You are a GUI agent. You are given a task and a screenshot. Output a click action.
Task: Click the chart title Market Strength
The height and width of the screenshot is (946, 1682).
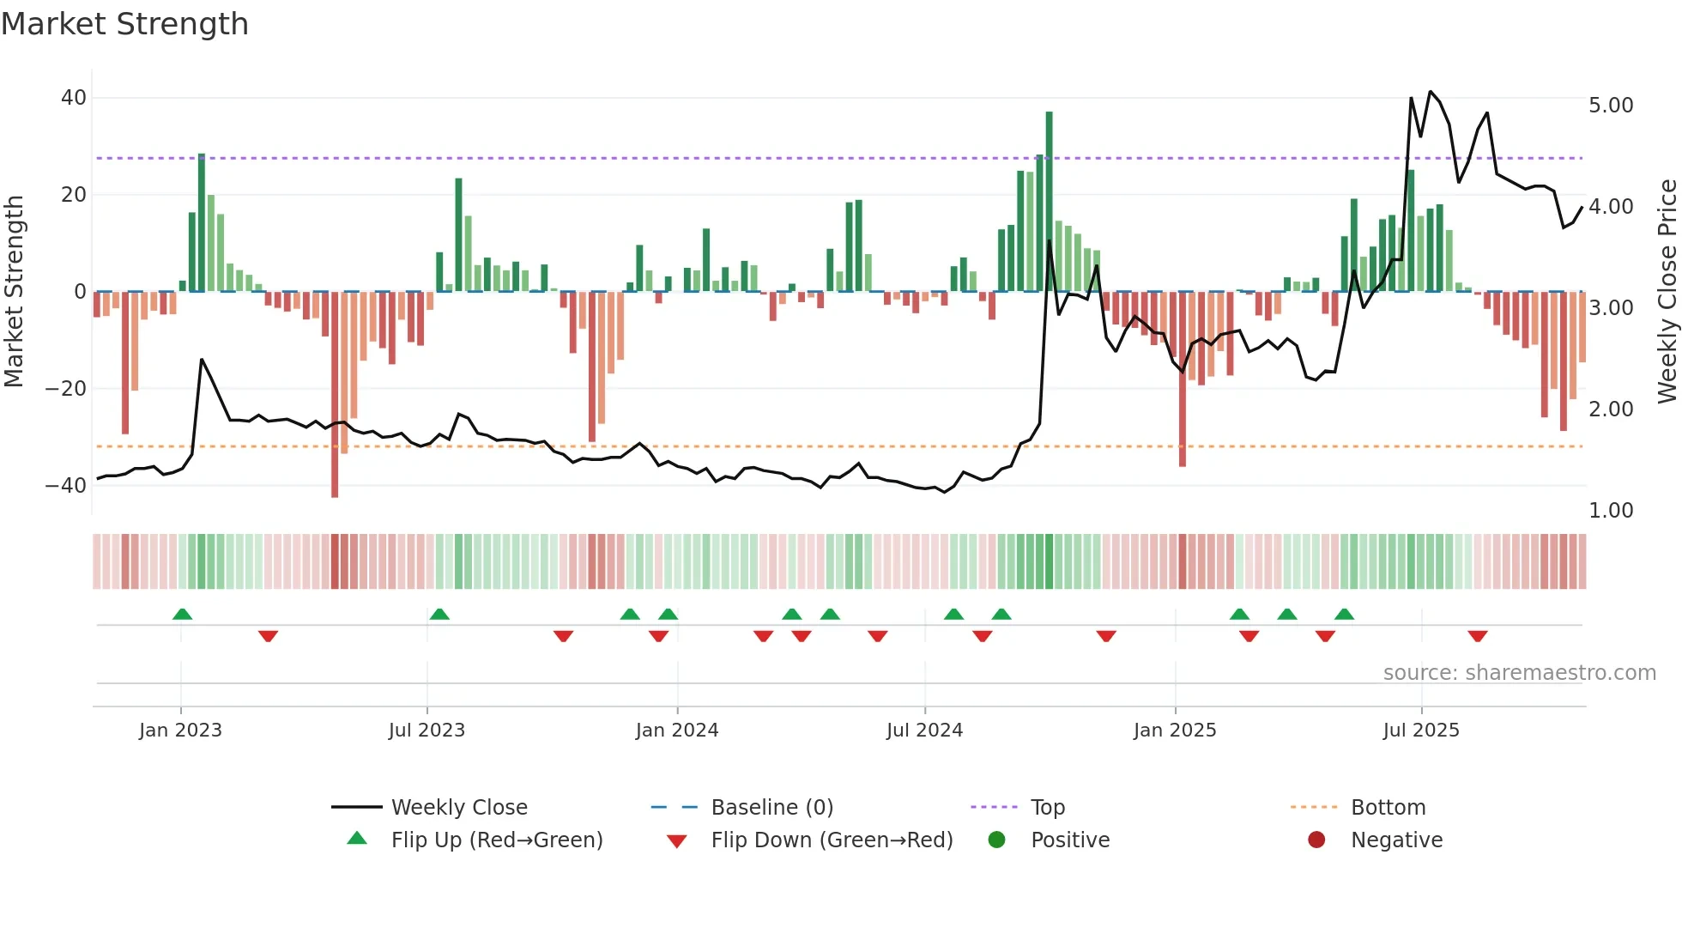tap(124, 24)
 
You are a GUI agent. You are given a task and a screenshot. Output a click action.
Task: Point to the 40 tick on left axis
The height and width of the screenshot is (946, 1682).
tap(74, 98)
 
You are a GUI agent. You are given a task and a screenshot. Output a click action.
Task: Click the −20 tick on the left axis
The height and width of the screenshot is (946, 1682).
tap(67, 389)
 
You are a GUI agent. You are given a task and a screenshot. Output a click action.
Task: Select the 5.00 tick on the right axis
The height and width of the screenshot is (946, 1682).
tap(1611, 106)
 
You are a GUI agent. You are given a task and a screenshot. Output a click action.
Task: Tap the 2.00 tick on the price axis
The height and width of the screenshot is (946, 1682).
tap(1611, 409)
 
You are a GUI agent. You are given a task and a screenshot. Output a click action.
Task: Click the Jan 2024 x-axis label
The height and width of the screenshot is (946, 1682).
tap(677, 731)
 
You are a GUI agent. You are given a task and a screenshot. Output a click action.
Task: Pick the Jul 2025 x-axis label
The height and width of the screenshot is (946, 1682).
tap(1421, 731)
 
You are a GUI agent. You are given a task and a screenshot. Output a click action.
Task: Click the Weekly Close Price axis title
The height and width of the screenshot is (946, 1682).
tap(1667, 292)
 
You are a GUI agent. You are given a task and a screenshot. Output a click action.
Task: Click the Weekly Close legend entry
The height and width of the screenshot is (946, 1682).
tap(458, 808)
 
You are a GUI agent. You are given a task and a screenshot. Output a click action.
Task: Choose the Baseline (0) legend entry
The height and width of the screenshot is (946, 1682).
tap(771, 808)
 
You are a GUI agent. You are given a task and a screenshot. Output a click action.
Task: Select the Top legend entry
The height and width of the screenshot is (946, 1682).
tap(1047, 808)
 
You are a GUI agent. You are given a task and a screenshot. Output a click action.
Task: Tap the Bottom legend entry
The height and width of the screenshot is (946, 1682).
tap(1388, 808)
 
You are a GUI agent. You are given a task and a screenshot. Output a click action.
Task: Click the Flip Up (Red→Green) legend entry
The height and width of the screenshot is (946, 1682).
tap(496, 840)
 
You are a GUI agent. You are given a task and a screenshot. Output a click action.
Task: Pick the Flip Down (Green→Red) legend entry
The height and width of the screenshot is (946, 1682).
tap(832, 840)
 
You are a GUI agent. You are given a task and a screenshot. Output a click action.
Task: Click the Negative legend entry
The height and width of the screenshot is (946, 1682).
tap(1396, 840)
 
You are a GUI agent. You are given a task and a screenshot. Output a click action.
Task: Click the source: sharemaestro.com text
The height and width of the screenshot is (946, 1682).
tap(1519, 673)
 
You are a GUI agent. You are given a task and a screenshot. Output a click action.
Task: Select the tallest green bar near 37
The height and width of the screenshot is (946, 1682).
tap(1049, 202)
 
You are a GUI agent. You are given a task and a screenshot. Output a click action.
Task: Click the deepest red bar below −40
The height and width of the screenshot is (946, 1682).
tap(335, 395)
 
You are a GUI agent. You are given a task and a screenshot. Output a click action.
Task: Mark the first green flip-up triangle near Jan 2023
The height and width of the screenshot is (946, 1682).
tap(182, 614)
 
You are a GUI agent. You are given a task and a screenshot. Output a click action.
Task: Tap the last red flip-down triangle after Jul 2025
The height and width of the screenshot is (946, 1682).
tap(1477, 636)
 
